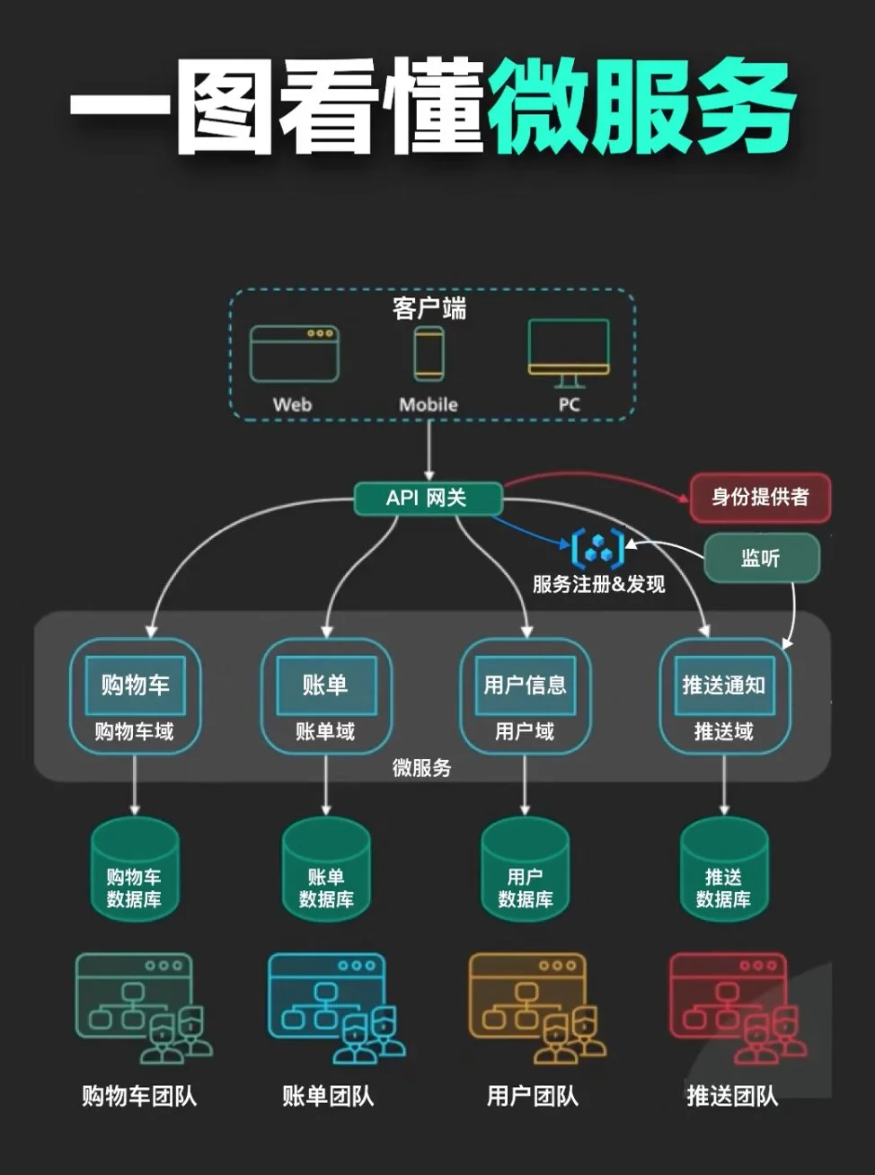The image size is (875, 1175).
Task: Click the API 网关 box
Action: pos(428,499)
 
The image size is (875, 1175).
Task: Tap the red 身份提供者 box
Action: pos(760,497)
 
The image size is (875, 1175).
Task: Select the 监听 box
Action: pos(761,558)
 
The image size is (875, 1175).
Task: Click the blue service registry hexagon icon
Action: pos(597,548)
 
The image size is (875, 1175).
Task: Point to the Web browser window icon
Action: pos(294,354)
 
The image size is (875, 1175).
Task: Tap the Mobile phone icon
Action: pos(429,353)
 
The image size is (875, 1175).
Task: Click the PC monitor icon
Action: pos(569,352)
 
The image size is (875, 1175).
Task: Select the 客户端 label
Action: pos(429,309)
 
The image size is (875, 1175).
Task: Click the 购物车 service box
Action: pos(135,685)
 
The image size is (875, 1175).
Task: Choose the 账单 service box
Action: pos(325,685)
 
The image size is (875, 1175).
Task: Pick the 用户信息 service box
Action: pos(526,685)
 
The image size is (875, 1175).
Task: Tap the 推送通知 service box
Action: pos(724,685)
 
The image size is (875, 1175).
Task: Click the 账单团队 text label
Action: pos(328,1096)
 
